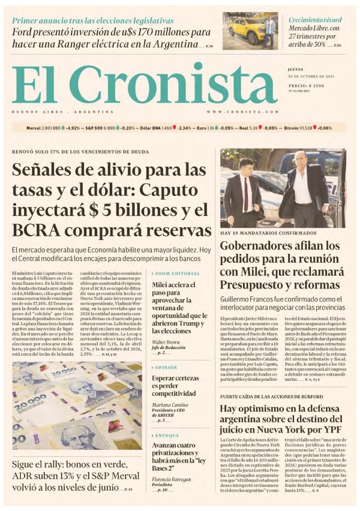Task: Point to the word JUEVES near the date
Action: click(296, 70)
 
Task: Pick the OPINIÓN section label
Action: click(166, 367)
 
